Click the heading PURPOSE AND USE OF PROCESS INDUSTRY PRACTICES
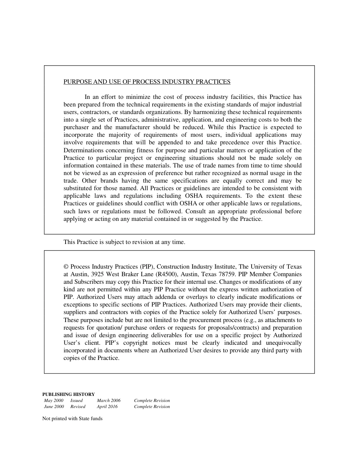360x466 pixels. pos(147,82)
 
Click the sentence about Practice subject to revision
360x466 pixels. pos(124,242)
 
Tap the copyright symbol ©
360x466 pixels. pos(66,267)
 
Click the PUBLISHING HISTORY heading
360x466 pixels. pos(69,394)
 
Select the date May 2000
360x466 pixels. pos(54,400)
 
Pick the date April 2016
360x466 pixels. pos(107,407)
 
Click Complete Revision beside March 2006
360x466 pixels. pos(152,400)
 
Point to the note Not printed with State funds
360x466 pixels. pos(72,419)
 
